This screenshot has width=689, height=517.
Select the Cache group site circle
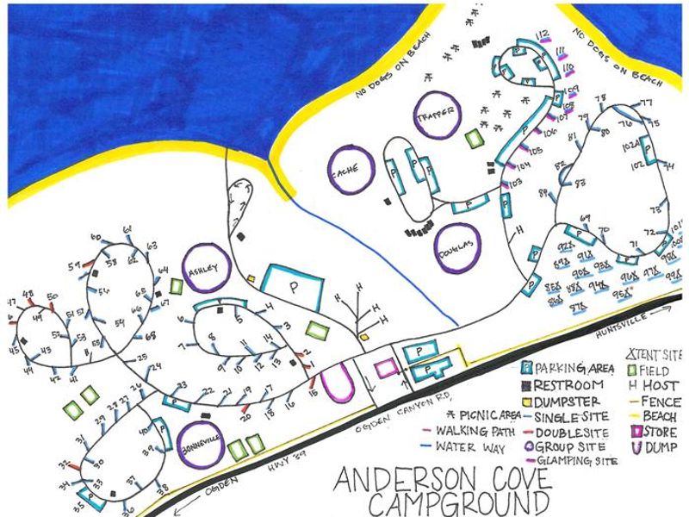tap(351, 169)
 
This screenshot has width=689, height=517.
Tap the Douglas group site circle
tap(456, 248)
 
